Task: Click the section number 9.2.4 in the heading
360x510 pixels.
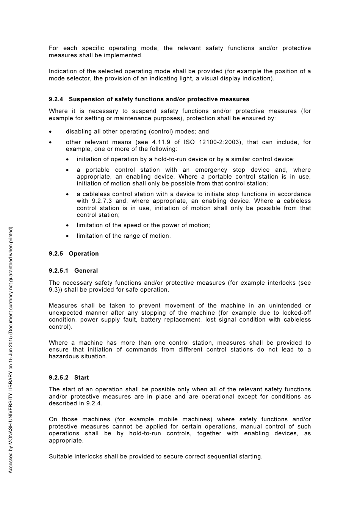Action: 56,99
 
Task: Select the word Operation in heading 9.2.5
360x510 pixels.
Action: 84,254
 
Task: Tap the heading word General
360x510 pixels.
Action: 86,271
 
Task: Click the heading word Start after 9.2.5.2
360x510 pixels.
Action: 81,378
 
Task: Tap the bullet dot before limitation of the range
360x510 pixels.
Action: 67,236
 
